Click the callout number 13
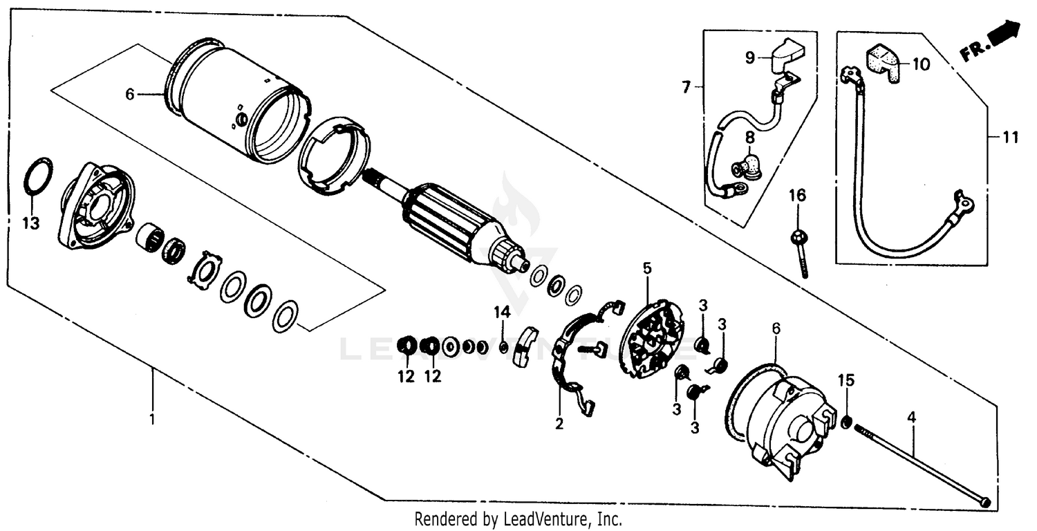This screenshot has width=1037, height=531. point(32,223)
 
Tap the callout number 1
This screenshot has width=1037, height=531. point(153,419)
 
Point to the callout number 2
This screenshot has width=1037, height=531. point(559,424)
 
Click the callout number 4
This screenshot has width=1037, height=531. point(912,418)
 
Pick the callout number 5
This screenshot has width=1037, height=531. point(646,267)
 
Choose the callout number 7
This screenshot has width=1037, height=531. point(686,88)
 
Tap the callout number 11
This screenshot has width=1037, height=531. point(1011,138)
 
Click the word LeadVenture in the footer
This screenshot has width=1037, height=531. point(553,519)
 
